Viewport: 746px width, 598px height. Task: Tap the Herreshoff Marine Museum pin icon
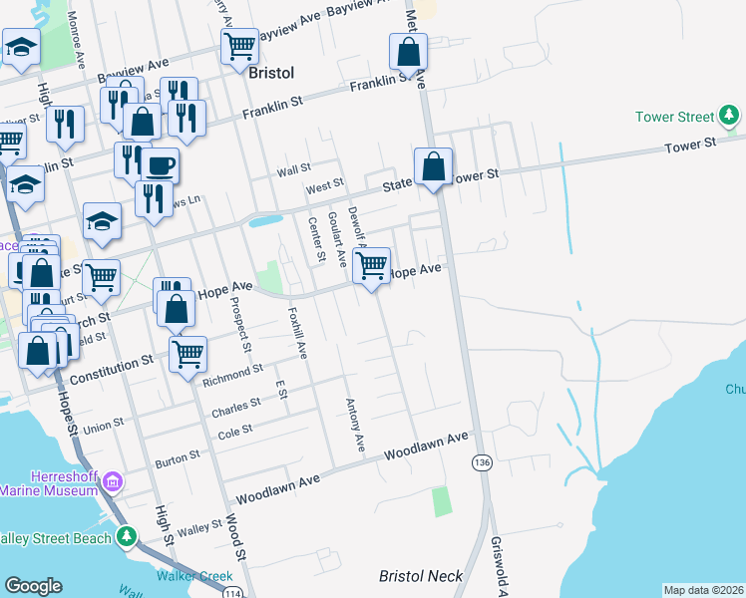click(x=112, y=483)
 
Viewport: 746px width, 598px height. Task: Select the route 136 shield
click(x=483, y=463)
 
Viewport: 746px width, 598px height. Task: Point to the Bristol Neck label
click(x=421, y=576)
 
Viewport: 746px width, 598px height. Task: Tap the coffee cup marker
click(x=160, y=165)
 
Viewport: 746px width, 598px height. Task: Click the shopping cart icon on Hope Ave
click(x=371, y=266)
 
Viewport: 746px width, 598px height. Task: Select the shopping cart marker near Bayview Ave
click(x=239, y=46)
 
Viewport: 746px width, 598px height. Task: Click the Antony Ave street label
click(x=353, y=423)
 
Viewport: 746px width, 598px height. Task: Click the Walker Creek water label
click(x=194, y=576)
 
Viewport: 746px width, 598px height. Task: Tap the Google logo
click(x=33, y=587)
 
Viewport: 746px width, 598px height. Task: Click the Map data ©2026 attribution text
click(x=703, y=590)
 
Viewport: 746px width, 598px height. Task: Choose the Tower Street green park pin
click(x=731, y=118)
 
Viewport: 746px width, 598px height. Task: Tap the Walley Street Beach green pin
click(x=126, y=537)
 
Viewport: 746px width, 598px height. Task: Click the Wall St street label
click(x=294, y=170)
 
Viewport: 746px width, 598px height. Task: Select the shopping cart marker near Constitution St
click(x=187, y=353)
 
